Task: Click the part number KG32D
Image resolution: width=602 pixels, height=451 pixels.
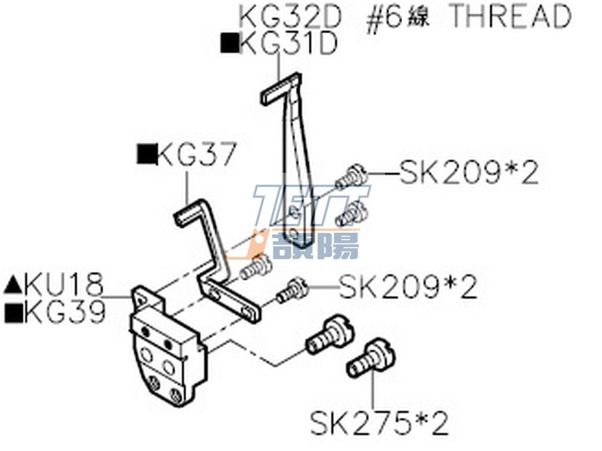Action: [290, 16]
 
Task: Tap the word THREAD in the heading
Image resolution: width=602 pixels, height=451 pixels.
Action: [510, 16]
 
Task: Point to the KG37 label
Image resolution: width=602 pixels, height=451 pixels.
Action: [196, 154]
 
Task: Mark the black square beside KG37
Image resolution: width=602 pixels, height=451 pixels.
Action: [146, 154]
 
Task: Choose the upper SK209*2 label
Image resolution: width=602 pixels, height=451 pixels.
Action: [469, 172]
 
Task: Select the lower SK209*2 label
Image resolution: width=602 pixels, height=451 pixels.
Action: [408, 287]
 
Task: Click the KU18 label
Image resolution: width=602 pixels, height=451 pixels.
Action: [64, 284]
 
